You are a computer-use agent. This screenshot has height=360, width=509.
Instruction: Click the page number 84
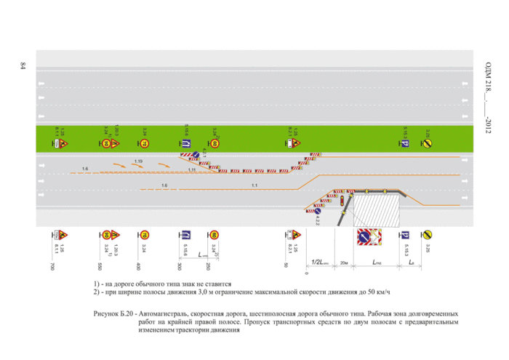coord(23,68)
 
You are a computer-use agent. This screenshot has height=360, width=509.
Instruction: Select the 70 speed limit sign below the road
coord(145,235)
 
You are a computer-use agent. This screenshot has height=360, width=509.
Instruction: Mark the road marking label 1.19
coord(138,160)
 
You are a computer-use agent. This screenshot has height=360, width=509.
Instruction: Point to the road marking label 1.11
coord(192,169)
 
